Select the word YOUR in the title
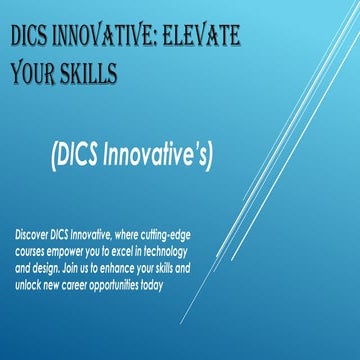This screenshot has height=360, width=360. tap(36, 74)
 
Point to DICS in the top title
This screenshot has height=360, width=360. tap(32, 41)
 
